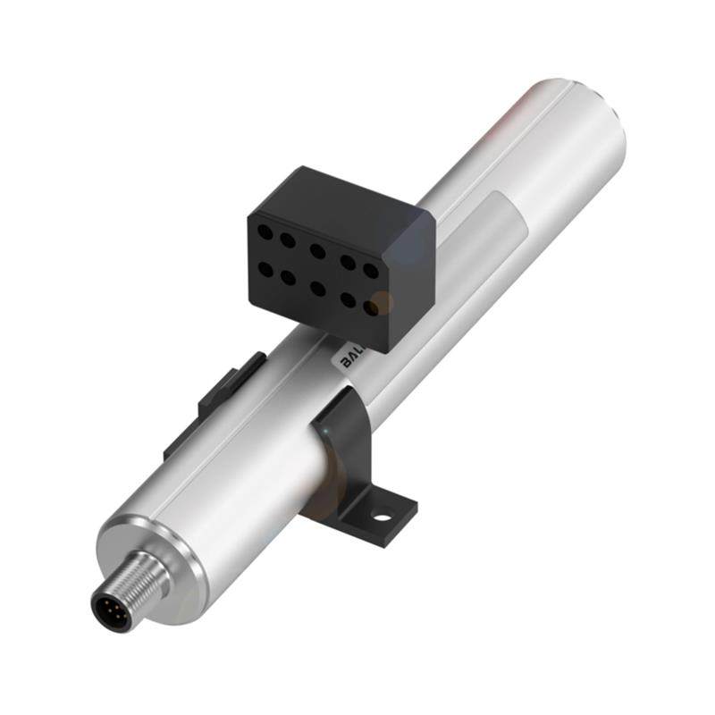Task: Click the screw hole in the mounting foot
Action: tap(383, 516)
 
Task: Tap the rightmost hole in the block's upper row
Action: tap(370, 269)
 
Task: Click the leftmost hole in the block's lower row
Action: tap(265, 267)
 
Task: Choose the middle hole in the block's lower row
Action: tap(318, 288)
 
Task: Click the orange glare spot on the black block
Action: tap(382, 303)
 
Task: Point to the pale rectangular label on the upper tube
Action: tap(496, 223)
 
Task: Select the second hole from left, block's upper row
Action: tap(288, 240)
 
